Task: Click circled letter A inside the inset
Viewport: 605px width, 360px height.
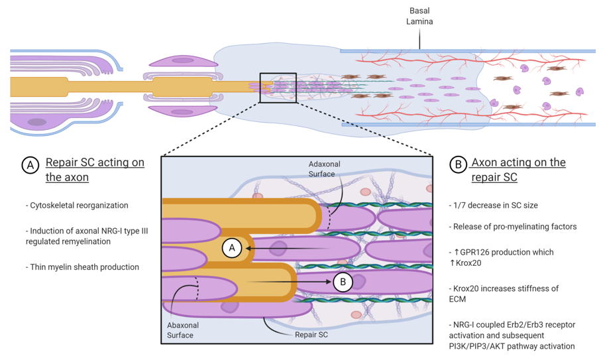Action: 232,248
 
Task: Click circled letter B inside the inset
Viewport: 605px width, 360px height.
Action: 343,282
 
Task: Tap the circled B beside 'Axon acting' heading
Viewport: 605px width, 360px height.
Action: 458,164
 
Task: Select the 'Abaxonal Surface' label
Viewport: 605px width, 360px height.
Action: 183,330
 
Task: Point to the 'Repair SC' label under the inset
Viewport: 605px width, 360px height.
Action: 311,335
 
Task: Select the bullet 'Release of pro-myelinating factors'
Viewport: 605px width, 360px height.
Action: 514,227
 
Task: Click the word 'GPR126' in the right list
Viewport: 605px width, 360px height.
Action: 478,253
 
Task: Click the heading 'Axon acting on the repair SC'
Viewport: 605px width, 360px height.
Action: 518,170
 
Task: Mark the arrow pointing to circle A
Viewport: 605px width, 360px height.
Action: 285,248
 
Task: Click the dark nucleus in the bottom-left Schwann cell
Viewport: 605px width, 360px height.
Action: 37,122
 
